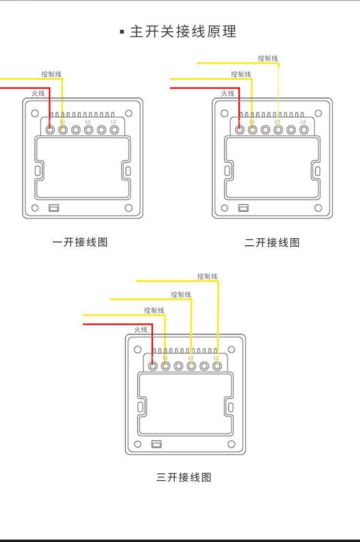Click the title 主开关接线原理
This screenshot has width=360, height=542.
click(183, 32)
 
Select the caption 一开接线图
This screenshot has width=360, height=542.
click(80, 242)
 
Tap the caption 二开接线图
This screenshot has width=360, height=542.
click(272, 243)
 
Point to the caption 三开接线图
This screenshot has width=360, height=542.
click(184, 477)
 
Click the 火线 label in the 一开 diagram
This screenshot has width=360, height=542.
click(38, 93)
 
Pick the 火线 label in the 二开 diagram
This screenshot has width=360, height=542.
click(228, 93)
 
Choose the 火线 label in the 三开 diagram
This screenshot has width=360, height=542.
click(141, 329)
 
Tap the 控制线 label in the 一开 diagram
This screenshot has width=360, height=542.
click(51, 74)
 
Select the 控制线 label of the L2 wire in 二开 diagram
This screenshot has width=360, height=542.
click(267, 58)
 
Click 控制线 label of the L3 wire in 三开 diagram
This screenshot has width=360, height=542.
click(207, 276)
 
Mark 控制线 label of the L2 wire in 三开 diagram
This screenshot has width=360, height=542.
click(181, 294)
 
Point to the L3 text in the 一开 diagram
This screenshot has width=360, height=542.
click(113, 122)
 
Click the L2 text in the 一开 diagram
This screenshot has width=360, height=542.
click(88, 122)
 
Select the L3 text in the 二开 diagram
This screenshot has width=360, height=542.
click(303, 122)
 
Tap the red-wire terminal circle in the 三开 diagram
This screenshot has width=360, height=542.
click(153, 366)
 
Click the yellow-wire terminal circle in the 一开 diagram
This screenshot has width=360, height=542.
click(62, 130)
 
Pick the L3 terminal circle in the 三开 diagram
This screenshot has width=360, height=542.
click(217, 366)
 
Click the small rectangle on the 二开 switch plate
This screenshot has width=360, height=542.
click(243, 208)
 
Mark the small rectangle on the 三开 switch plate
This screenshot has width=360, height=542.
click(156, 444)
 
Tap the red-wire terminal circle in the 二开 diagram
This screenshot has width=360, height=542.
click(240, 130)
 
